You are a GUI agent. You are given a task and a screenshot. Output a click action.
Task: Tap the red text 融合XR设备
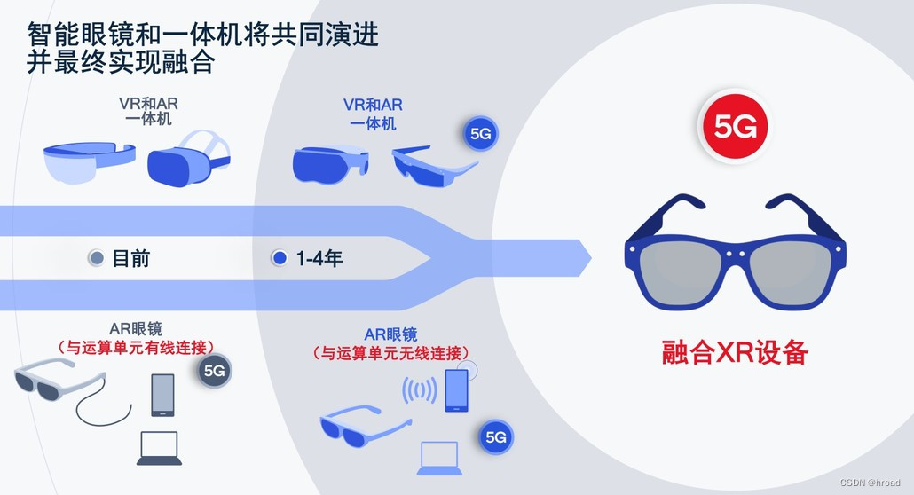(736, 352)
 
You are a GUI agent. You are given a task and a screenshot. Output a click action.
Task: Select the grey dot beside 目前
(97, 259)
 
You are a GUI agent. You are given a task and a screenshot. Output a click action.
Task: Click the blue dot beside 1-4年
(280, 259)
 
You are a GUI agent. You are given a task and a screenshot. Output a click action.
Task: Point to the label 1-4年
(319, 259)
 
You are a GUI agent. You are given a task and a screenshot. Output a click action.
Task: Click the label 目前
(131, 259)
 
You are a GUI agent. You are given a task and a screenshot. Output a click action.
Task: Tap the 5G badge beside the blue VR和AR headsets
(481, 135)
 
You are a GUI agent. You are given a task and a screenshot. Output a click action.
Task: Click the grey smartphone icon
(162, 395)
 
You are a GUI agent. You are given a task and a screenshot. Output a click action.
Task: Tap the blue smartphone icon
(456, 390)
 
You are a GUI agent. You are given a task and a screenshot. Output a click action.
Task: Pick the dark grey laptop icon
(160, 448)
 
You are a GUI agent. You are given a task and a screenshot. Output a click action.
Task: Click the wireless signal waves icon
(420, 391)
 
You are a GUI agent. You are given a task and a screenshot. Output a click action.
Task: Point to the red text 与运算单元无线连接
(390, 352)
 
